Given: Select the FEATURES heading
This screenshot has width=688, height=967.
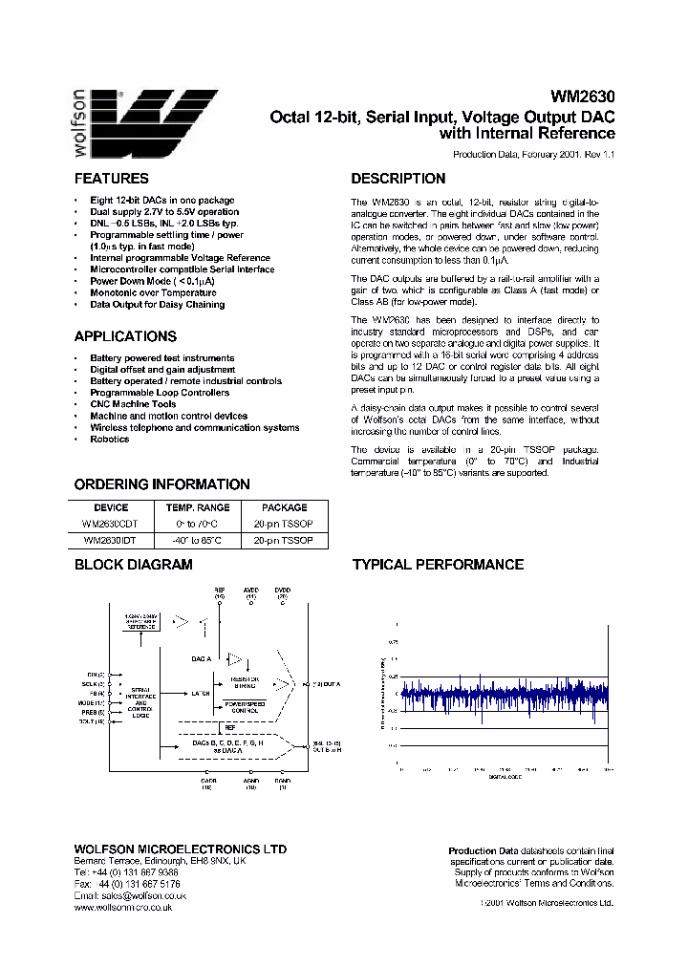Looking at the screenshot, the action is pos(111,179).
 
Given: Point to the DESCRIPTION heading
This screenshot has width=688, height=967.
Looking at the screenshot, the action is pos(398,179).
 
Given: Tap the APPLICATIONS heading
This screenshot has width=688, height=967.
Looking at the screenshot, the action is pos(125,336).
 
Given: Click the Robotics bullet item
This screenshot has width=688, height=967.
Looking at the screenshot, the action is pos(109,440).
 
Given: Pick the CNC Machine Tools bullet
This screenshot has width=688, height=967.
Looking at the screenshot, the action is pos(133,404).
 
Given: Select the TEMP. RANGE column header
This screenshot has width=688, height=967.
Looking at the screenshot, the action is pos(198,507).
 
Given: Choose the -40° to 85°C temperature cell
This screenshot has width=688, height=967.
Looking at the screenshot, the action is pos(198,540).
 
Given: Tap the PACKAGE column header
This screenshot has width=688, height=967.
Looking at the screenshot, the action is pos(285,507).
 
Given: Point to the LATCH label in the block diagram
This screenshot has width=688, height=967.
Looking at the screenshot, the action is pos(200,693).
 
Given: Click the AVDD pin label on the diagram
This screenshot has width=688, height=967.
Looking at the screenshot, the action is pos(250,590).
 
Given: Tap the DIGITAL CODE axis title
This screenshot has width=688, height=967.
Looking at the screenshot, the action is pos(504,777).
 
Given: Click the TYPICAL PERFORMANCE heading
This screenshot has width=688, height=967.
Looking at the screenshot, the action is pos(438,565).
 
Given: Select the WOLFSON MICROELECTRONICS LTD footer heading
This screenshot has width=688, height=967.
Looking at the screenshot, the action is pos(180,849).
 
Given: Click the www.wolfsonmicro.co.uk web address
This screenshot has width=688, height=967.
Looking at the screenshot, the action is pos(122,907).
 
